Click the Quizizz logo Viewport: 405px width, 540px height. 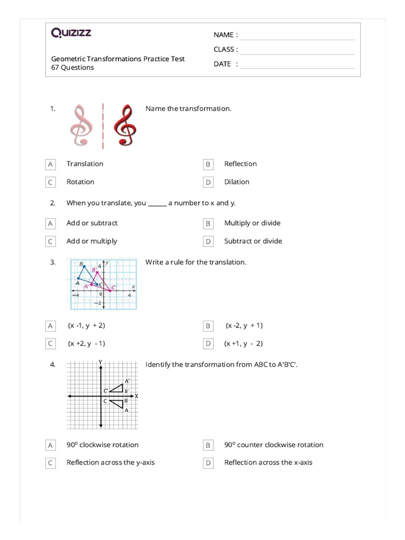pos(71,33)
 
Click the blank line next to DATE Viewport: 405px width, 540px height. pos(297,66)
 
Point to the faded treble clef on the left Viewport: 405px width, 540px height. pos(81,126)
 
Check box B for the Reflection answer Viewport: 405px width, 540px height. pos(208,165)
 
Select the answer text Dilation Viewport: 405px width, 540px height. pos(236,182)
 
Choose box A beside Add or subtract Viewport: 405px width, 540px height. pos(51,224)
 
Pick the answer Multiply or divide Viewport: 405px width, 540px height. pos(252,223)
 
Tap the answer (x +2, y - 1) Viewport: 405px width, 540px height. pos(86,343)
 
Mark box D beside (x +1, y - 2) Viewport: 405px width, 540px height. pos(208,344)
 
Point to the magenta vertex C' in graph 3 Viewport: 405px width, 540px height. pos(110,290)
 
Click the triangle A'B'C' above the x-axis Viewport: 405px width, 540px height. pos(118,389)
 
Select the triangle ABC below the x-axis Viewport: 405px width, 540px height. pos(118,403)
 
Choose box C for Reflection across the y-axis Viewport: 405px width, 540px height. pos(51,463)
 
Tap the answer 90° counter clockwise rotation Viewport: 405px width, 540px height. pos(274,445)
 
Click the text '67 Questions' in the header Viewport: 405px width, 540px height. pos(72,67)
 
